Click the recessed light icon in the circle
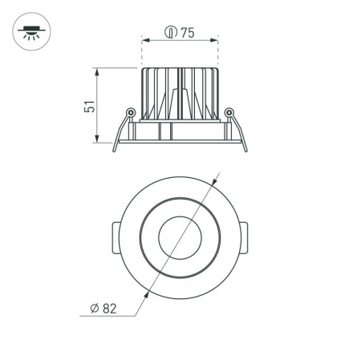[30, 32]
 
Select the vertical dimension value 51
[90, 106]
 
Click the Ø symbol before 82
[95, 308]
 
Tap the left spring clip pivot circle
[130, 111]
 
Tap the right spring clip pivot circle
[229, 111]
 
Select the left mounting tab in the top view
[112, 237]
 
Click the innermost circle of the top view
[180, 237]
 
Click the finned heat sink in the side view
[180, 92]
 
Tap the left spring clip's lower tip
[114, 149]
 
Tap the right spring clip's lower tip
[245, 149]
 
